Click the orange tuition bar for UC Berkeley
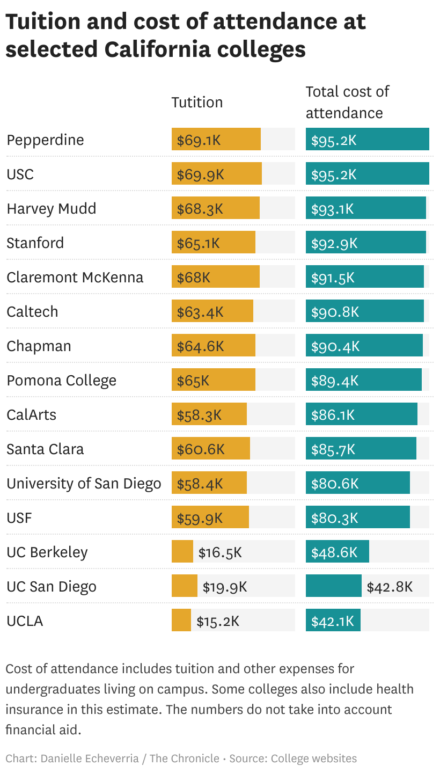(182, 552)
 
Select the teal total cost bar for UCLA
(333, 621)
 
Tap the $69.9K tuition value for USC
(200, 174)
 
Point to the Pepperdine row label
(45, 140)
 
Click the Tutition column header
(197, 103)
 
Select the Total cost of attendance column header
(347, 102)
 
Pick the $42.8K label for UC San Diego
(390, 587)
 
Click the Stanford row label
(35, 243)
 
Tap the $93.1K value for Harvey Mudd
(333, 209)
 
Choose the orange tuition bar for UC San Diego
(184, 586)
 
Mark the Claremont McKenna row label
(75, 278)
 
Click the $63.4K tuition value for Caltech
(200, 312)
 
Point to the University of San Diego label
(84, 484)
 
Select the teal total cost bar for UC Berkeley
(337, 552)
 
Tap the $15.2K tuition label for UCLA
(217, 621)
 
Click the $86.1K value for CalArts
(333, 415)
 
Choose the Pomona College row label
(61, 381)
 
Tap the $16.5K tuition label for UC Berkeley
(220, 552)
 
